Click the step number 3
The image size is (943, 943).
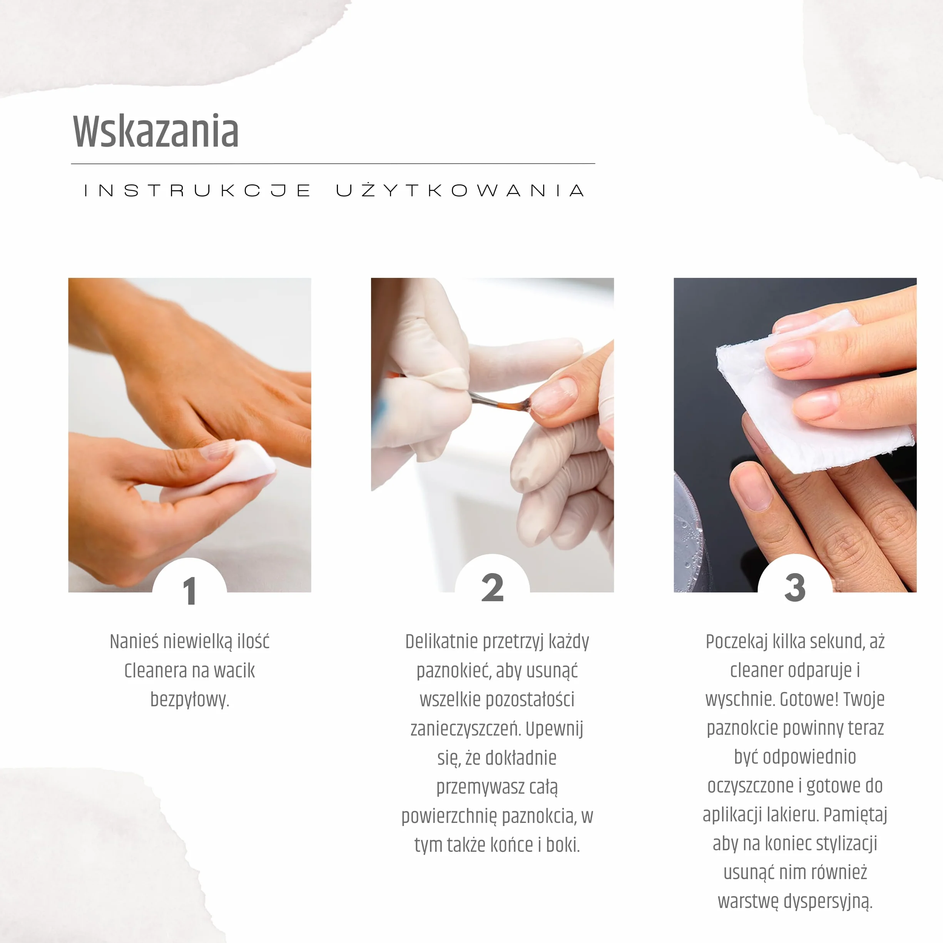[795, 587]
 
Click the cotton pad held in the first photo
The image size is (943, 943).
[222, 471]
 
